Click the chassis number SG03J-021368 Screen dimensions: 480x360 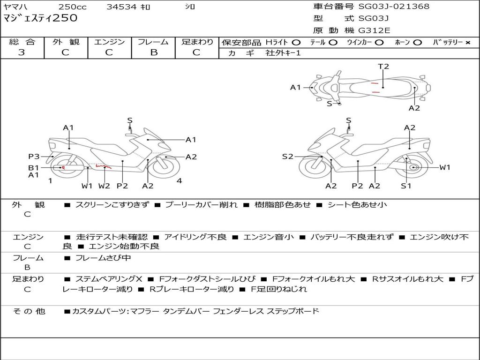[x=394, y=7]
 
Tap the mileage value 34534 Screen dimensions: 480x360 [x=121, y=7]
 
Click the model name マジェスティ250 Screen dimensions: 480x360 [x=40, y=18]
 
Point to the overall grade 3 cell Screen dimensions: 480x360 [x=22, y=52]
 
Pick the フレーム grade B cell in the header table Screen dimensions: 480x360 [x=153, y=52]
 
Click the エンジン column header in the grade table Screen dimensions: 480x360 [x=109, y=42]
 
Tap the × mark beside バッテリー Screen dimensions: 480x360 [x=467, y=43]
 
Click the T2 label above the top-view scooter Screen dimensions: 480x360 [x=383, y=67]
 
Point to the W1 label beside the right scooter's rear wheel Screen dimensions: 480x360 [x=444, y=167]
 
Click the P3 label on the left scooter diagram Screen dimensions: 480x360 [x=34, y=157]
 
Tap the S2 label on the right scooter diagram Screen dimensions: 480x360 [x=287, y=157]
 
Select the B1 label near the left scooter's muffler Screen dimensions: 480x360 [x=33, y=167]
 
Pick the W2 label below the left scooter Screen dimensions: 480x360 [x=104, y=186]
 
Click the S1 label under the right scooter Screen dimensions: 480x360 [x=406, y=186]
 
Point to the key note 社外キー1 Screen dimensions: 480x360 [x=283, y=53]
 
